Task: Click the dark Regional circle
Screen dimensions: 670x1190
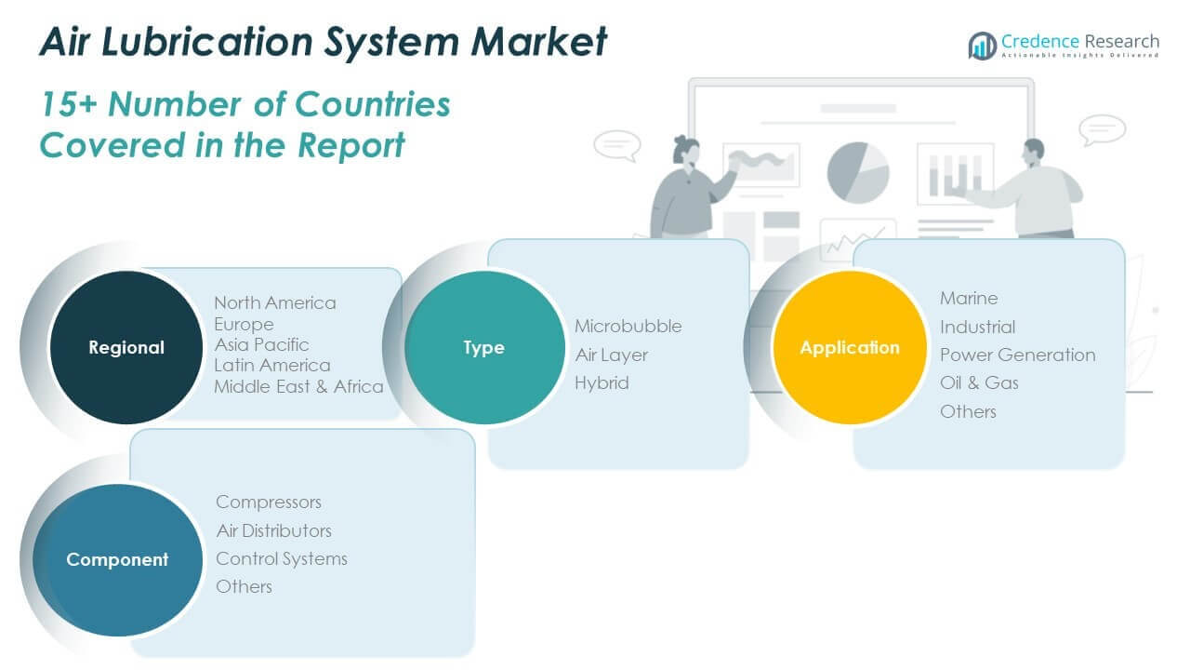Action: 126,347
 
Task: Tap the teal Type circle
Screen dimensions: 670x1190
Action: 483,347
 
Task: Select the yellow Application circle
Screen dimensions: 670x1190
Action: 850,347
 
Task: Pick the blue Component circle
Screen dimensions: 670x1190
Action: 117,559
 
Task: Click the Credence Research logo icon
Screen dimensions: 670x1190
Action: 982,46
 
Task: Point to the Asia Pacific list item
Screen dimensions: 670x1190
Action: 261,345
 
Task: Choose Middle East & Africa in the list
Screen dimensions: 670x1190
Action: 298,387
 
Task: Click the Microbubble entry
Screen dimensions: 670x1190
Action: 628,326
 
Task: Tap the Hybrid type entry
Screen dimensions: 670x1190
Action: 602,382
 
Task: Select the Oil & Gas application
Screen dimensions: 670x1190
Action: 979,382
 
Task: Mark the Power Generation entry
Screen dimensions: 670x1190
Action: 1017,355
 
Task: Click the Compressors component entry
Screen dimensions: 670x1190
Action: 269,502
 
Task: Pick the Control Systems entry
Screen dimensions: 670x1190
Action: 282,558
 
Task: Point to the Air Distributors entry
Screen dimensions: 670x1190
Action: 273,530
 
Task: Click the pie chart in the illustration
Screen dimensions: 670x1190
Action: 858,172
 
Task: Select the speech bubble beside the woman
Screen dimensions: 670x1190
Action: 616,145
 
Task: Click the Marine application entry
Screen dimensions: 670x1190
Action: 969,298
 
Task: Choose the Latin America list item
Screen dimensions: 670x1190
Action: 271,366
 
